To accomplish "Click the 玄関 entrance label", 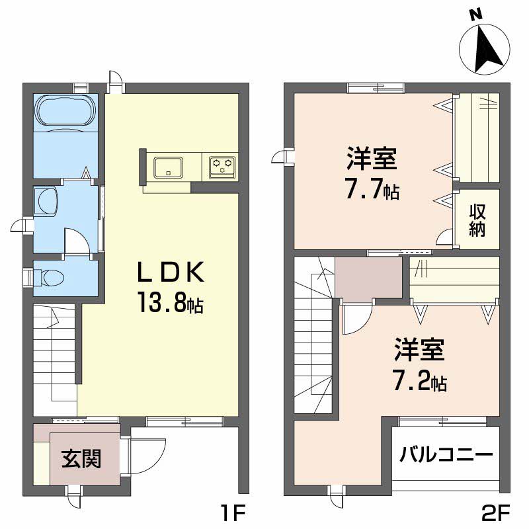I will [81, 458].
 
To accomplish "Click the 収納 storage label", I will [477, 220].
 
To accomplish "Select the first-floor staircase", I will [56, 354].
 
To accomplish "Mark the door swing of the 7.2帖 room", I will [356, 319].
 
